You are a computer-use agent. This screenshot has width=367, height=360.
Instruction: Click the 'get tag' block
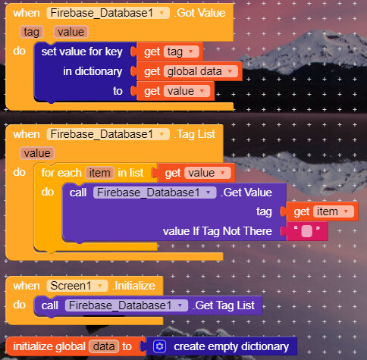click(169, 52)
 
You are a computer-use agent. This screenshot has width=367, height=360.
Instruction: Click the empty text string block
click(307, 231)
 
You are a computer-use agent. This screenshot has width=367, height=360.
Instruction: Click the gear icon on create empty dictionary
click(159, 346)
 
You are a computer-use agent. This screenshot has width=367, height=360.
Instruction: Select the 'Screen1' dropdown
click(77, 286)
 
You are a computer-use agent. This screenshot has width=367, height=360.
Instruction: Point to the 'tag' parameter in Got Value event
click(31, 32)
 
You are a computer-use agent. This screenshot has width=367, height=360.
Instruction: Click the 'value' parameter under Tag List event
click(37, 153)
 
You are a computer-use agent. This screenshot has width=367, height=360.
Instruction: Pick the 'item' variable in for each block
click(99, 173)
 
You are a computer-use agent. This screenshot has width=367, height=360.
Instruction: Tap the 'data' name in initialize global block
click(104, 346)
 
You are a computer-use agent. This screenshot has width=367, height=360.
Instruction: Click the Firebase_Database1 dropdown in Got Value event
click(108, 13)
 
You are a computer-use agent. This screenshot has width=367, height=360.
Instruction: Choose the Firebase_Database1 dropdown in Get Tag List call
click(127, 305)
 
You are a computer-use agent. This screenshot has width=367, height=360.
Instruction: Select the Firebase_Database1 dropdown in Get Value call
click(155, 193)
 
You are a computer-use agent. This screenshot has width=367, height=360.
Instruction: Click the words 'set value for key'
click(82, 52)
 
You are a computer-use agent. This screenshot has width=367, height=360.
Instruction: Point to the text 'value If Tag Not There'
click(218, 231)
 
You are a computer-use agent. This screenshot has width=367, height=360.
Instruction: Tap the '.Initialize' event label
click(133, 286)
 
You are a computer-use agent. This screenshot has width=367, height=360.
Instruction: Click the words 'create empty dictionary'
click(231, 346)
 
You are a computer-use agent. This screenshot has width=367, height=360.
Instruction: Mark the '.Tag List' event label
click(195, 134)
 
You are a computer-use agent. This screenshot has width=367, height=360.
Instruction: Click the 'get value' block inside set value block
click(175, 91)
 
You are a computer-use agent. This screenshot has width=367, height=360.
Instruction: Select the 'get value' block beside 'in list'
click(196, 173)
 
